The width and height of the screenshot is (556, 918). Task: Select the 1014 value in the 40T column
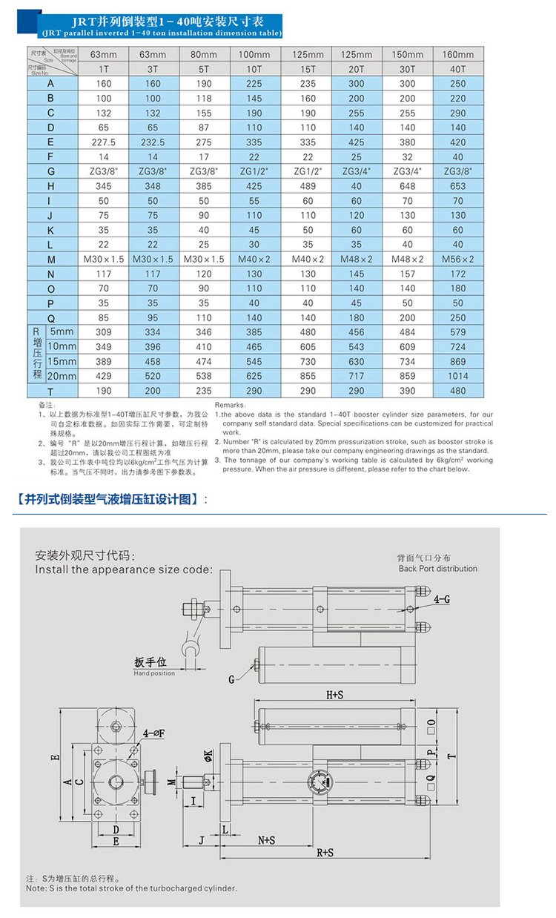(457, 376)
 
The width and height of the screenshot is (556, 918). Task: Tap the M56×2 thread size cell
(457, 259)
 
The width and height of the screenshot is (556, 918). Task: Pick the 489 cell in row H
(308, 185)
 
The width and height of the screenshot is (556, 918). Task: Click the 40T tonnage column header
(457, 69)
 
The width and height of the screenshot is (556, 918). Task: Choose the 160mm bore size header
(457, 54)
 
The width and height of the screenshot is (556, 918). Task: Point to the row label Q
(50, 317)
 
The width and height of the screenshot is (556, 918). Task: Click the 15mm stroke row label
(62, 361)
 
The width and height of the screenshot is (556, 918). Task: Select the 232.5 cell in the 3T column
(154, 142)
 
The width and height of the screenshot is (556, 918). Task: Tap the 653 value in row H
(457, 185)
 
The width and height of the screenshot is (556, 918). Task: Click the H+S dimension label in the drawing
(335, 695)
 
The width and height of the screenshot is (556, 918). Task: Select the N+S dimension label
(267, 840)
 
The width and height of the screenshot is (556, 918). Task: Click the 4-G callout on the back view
(442, 598)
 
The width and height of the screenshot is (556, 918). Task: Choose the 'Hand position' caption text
(154, 673)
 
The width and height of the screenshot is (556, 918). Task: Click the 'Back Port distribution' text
(437, 569)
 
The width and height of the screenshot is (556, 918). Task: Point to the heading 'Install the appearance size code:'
(124, 569)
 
